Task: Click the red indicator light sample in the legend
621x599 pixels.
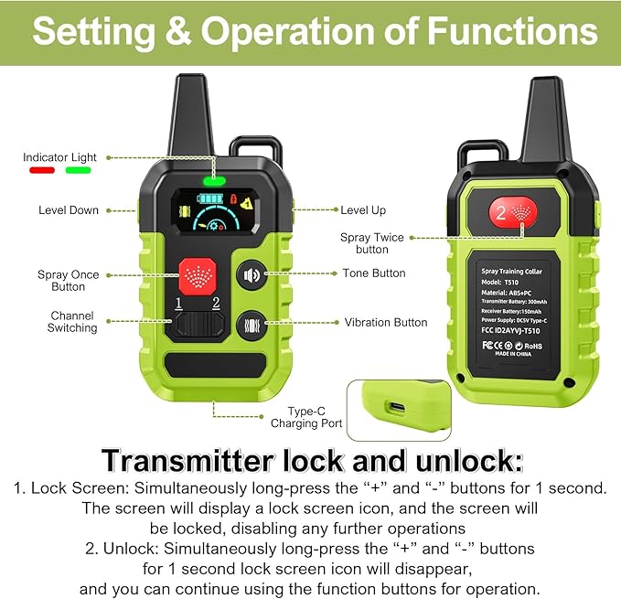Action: [42, 169]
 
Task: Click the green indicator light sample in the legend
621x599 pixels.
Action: [79, 169]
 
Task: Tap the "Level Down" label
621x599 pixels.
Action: [69, 210]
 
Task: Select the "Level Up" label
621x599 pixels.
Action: [363, 210]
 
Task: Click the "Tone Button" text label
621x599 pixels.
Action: [374, 273]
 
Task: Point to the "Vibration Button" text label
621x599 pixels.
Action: [385, 322]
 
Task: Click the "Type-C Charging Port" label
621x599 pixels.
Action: [306, 417]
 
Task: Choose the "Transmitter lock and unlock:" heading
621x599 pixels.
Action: [312, 459]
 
